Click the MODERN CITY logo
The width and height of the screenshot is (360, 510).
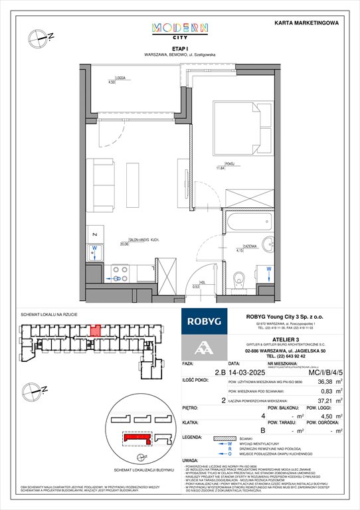coord(180,31)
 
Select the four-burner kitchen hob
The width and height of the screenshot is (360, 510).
coord(120,272)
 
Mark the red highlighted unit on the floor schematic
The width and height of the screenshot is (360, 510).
coord(96,329)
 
